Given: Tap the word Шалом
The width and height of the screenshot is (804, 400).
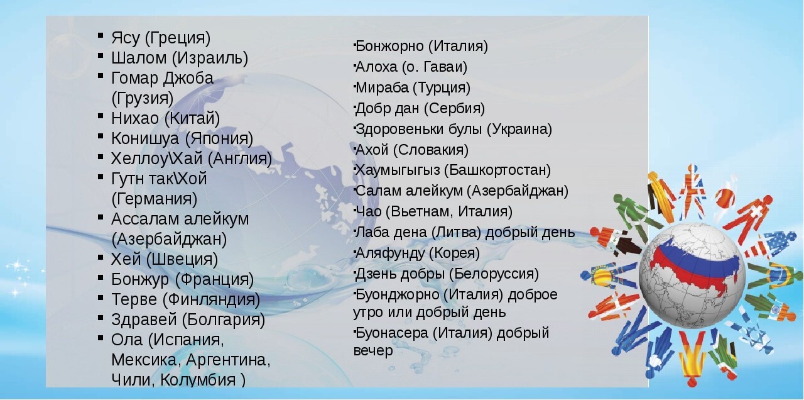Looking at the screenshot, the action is tap(139, 57).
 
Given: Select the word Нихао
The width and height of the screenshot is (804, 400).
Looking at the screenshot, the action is tap(135, 118).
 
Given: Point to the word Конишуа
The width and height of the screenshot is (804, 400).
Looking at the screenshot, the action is tap(144, 139).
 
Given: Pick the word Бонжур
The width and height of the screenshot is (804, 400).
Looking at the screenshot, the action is tap(140, 280).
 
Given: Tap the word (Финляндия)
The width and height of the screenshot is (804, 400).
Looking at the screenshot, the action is tap(212, 300).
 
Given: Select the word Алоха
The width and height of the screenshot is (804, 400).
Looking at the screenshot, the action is tap(376, 67).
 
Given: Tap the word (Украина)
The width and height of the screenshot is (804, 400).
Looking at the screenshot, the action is tap(519, 130).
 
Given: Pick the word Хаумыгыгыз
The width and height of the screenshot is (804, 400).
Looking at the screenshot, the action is tap(398, 170).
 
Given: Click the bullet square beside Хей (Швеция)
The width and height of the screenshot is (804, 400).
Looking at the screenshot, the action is tap(101, 257).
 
